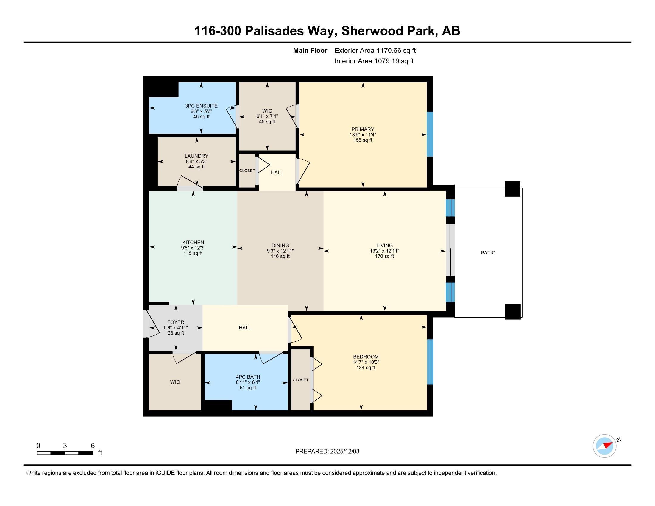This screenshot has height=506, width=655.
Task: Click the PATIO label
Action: pyautogui.click(x=488, y=253)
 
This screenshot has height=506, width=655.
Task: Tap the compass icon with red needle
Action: pyautogui.click(x=604, y=446)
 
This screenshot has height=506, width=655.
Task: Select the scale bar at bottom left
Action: pyautogui.click(x=65, y=453)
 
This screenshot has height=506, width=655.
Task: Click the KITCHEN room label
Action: pyautogui.click(x=193, y=243)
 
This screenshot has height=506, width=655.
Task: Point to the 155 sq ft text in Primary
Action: pyautogui.click(x=363, y=140)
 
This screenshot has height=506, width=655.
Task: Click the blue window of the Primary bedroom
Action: pyautogui.click(x=430, y=134)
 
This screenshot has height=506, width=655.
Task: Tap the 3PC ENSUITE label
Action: pyautogui.click(x=201, y=106)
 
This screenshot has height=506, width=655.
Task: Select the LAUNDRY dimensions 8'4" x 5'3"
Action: pyautogui.click(x=196, y=161)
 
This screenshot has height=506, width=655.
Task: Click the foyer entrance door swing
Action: pyautogui.click(x=152, y=324)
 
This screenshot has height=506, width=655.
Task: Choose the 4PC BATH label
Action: pyautogui.click(x=248, y=377)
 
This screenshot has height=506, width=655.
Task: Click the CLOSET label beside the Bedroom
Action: pyautogui.click(x=300, y=380)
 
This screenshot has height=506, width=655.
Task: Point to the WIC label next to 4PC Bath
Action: pyautogui.click(x=175, y=382)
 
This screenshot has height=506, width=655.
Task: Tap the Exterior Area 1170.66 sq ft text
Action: pyautogui.click(x=375, y=50)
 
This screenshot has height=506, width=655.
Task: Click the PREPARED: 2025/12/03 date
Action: pyautogui.click(x=327, y=451)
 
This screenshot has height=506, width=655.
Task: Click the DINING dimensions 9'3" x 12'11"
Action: pyautogui.click(x=280, y=251)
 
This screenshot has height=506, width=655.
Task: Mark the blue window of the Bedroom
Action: pyautogui.click(x=430, y=362)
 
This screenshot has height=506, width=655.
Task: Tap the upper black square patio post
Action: pyautogui.click(x=512, y=189)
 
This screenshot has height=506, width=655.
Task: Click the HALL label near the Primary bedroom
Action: pyautogui.click(x=277, y=172)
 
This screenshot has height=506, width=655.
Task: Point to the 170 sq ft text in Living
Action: pyautogui.click(x=384, y=256)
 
